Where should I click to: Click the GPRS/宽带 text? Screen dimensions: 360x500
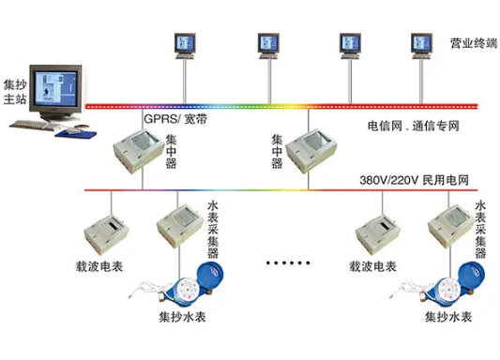175,120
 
